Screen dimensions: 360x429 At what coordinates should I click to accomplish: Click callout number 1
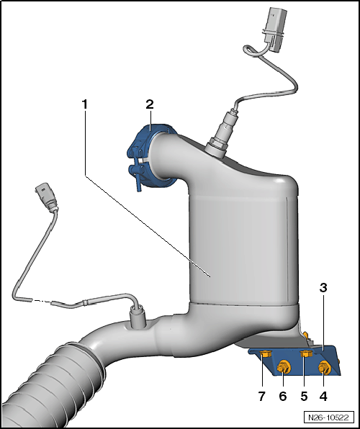[x=84, y=104]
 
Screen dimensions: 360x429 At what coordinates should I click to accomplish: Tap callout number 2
[x=150, y=104]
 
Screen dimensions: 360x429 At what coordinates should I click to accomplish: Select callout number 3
[x=323, y=287]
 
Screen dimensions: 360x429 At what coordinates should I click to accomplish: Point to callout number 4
[x=323, y=396]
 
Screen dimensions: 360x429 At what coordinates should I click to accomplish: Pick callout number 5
[x=304, y=396]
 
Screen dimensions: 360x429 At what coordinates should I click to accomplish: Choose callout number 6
[x=283, y=396]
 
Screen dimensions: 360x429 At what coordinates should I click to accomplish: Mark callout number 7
[x=262, y=396]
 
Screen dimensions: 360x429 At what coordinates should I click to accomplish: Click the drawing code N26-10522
[x=328, y=417]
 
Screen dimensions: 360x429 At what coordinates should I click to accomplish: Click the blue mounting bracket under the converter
[x=296, y=361]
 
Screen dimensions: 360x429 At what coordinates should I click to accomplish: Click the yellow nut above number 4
[x=325, y=367]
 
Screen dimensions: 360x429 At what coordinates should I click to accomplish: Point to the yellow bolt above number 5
[x=306, y=353]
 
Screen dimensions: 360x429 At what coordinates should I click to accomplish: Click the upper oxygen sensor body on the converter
[x=220, y=134]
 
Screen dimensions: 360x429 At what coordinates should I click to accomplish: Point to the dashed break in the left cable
[x=42, y=301]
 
